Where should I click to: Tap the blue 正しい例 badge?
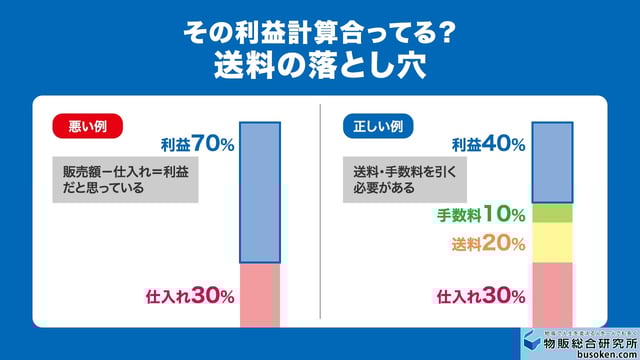pos(375,127)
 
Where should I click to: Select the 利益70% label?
pos(197,145)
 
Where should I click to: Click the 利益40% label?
pos(488,145)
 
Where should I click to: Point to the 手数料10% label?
pos(481,213)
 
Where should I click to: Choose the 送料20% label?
pos(489,243)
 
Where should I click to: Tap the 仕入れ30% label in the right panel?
pos(481,295)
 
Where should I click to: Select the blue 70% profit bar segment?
pos(260,191)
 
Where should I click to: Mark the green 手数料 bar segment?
pos(552,213)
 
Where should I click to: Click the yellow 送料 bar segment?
pos(552,242)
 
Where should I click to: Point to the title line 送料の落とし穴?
pos(320,66)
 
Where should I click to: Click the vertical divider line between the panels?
pos(319,210)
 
